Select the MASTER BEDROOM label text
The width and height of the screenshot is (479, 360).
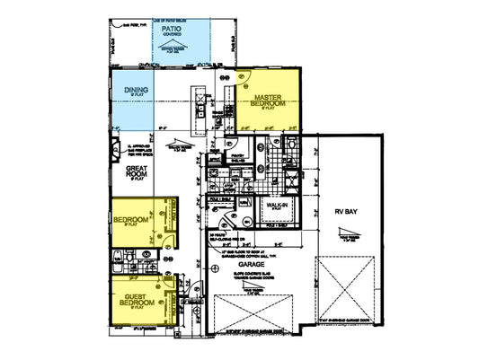[x=270, y=101]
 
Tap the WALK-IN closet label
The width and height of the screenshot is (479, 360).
[x=275, y=206]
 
